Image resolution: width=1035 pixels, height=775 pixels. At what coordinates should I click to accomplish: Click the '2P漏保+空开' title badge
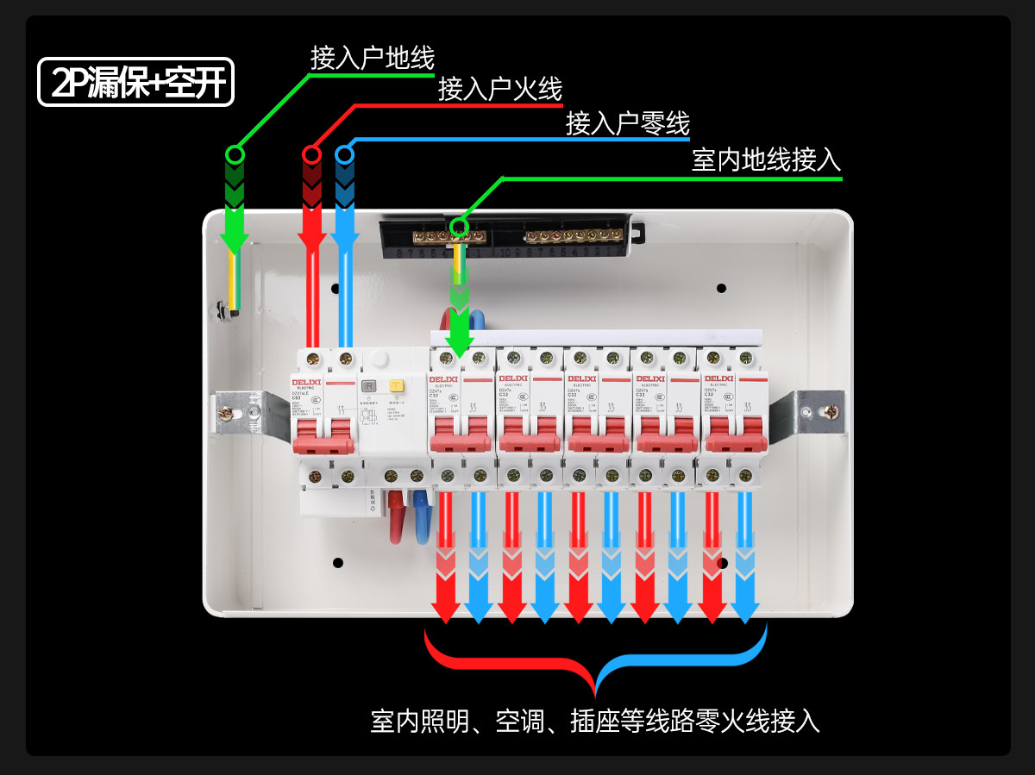[x=135, y=82]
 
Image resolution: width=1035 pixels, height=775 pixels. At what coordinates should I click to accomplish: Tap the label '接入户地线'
[x=373, y=58]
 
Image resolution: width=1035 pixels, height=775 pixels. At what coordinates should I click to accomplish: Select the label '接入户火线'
[x=500, y=89]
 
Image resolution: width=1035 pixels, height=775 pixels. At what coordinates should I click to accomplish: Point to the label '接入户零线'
[x=628, y=123]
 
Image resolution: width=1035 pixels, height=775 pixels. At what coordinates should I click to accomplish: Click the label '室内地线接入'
[x=766, y=159]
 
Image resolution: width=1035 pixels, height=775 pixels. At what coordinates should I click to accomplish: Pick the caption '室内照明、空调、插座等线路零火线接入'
[x=595, y=721]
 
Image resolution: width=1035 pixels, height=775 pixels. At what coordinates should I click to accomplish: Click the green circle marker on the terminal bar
[x=459, y=228]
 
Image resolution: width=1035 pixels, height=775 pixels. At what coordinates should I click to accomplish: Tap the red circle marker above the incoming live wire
[x=311, y=154]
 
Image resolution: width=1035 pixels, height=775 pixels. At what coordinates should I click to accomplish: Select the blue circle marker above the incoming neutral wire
[x=345, y=154]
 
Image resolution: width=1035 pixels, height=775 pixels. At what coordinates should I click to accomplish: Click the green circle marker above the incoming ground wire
[x=235, y=154]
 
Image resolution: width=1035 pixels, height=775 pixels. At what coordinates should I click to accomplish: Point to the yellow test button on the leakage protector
[x=397, y=387]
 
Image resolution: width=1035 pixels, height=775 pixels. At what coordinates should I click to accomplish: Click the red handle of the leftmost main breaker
[x=323, y=443]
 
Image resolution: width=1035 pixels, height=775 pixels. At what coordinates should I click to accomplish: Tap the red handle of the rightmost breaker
[x=735, y=441]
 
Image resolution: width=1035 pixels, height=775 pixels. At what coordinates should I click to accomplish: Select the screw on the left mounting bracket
[x=225, y=413]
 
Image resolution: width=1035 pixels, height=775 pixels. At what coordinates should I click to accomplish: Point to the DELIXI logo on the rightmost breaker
[x=718, y=378]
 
